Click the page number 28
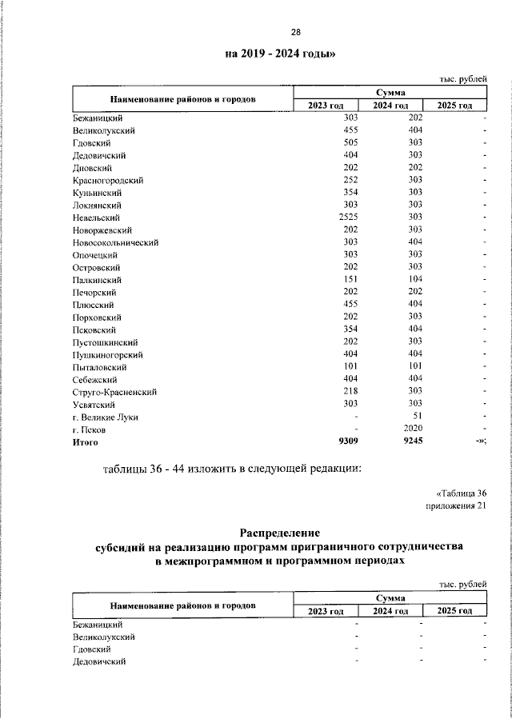tap(295, 33)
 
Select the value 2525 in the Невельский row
tap(346, 218)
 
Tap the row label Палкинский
tap(97, 280)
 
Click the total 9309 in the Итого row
tap(346, 441)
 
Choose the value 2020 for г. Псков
tap(413, 429)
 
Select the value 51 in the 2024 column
tap(416, 417)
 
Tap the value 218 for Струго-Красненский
tap(350, 392)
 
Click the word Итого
tap(86, 441)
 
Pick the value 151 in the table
tap(350, 280)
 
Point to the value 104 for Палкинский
tap(415, 280)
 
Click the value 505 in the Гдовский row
tap(350, 142)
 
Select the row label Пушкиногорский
tap(107, 354)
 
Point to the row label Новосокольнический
tap(115, 242)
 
